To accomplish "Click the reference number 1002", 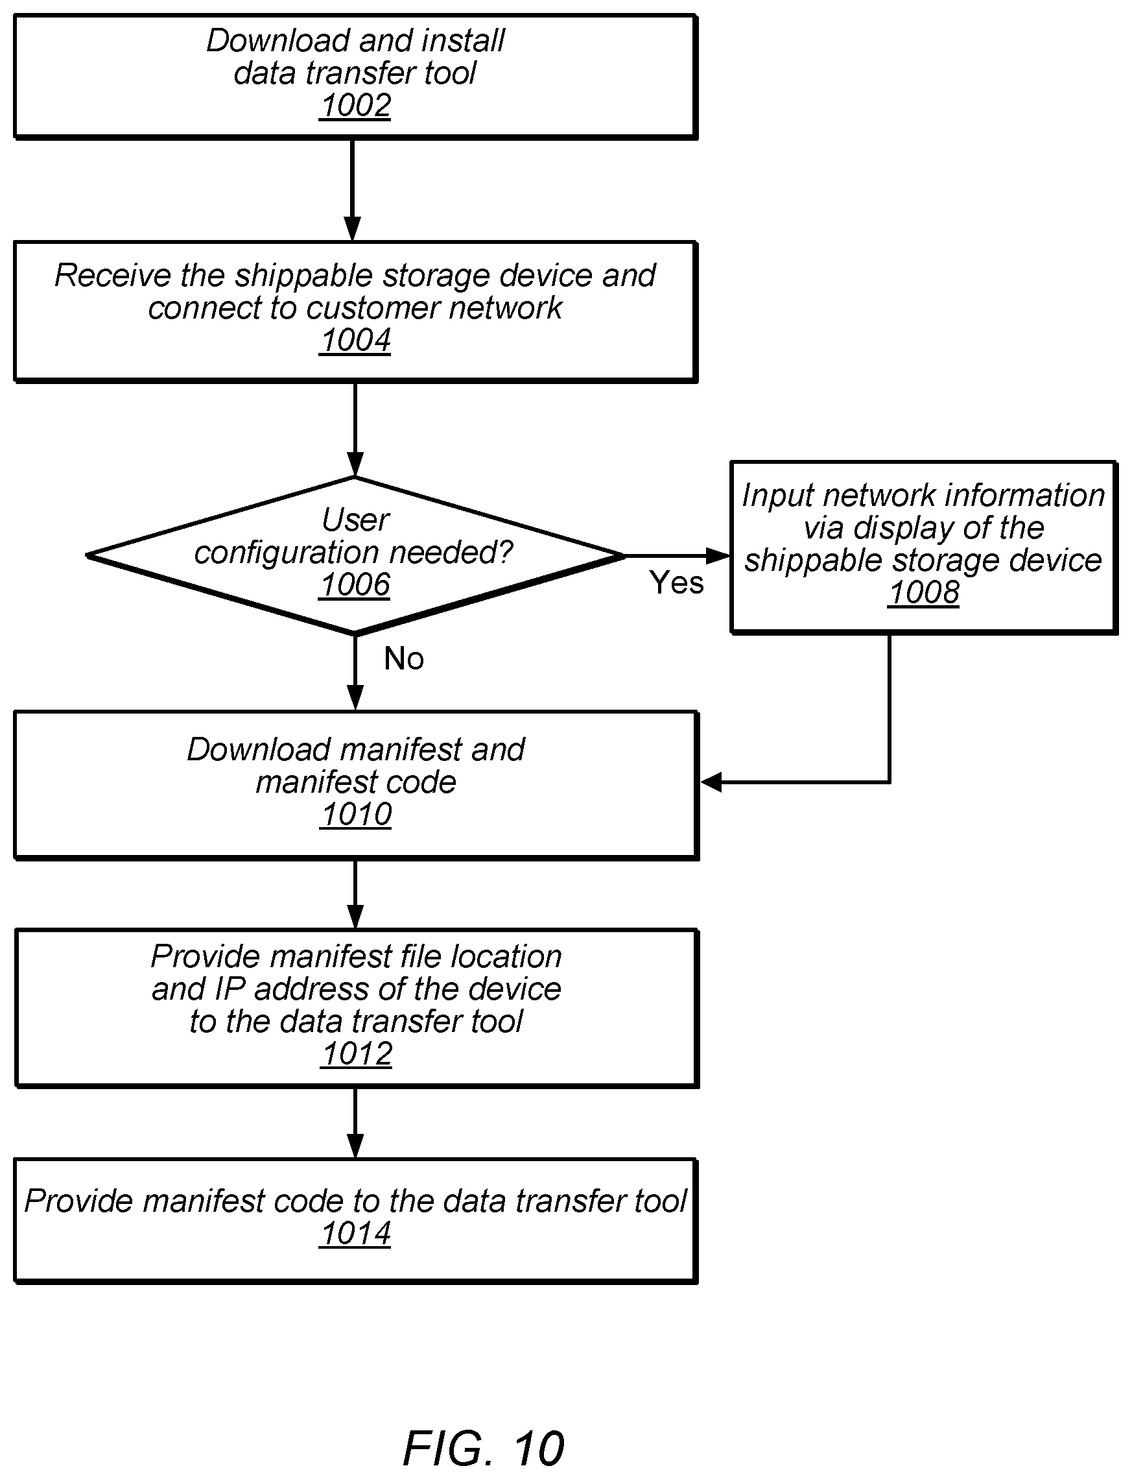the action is click(x=356, y=106).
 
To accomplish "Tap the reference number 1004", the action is click(x=356, y=341).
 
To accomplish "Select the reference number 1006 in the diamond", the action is click(x=356, y=584).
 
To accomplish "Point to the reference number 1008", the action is click(x=924, y=592).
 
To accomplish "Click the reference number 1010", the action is click(x=357, y=814).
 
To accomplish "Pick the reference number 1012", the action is click(x=357, y=1053).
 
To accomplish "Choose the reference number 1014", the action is click(x=356, y=1234).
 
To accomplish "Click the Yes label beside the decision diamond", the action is click(x=676, y=583).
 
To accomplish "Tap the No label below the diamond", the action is click(x=404, y=658).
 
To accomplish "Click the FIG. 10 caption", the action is click(x=483, y=1448).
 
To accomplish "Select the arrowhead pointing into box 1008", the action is click(x=719, y=556).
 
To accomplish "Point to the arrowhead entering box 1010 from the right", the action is click(x=711, y=782).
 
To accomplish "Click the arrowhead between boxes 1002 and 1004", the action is click(x=353, y=228).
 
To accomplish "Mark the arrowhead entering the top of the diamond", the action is click(x=355, y=464).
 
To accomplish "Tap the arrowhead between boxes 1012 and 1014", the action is click(x=355, y=1146).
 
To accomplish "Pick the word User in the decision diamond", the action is click(x=356, y=520).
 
